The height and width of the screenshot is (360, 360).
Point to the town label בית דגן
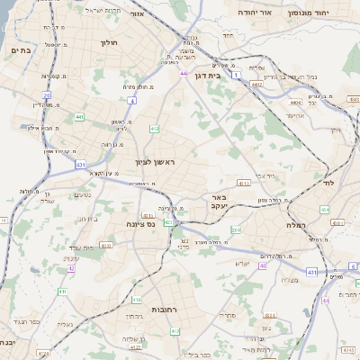coord(206,76)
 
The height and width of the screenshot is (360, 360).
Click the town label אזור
coord(138,15)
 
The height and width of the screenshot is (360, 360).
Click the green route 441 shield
coord(79,117)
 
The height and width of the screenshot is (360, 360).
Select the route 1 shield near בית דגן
coord(236,76)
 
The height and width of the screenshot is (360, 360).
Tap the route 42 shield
coord(70,268)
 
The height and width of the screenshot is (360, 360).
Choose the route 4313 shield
coord(106,244)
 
